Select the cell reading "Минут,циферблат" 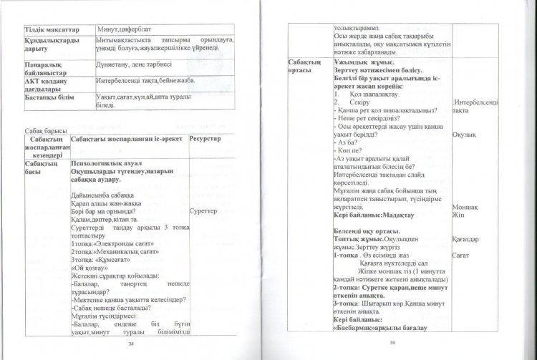click(125, 28)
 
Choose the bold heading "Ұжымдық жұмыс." click(365, 63)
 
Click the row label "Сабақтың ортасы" click(306, 67)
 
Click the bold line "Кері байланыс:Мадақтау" click(379, 215)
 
